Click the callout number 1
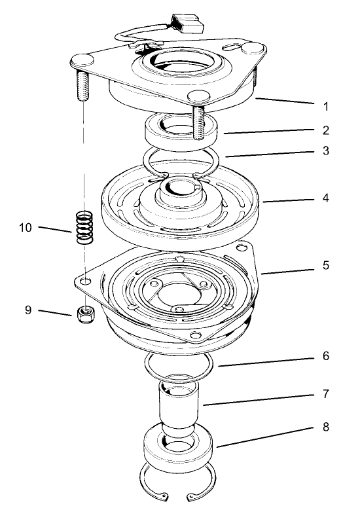(326, 105)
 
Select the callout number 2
(326, 130)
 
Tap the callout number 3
(326, 151)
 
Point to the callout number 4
(326, 198)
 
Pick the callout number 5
(326, 266)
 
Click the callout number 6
(326, 357)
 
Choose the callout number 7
(326, 395)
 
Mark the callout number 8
(326, 427)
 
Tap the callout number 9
(28, 310)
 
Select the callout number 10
(26, 228)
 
